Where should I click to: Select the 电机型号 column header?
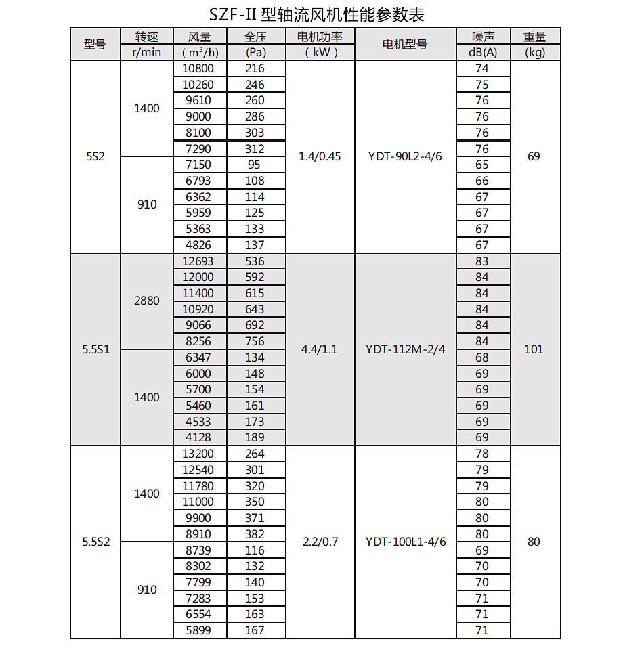(x=405, y=45)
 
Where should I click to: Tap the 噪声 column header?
(x=482, y=37)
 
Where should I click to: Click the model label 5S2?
(x=95, y=156)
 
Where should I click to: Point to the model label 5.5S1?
(x=95, y=349)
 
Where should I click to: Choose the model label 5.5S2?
(x=95, y=542)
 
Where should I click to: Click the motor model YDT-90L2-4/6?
(x=405, y=156)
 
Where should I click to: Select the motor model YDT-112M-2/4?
(x=405, y=349)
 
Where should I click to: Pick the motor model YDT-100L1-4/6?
(x=405, y=542)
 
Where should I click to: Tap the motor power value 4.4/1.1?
(x=320, y=349)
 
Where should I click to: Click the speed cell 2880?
(x=147, y=301)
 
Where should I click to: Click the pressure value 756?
(x=255, y=341)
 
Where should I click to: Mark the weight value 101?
(x=534, y=349)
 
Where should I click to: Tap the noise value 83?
(x=482, y=261)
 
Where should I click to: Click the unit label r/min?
(x=147, y=52)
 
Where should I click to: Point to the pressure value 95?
(x=255, y=165)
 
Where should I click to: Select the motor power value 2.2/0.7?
(x=320, y=542)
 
